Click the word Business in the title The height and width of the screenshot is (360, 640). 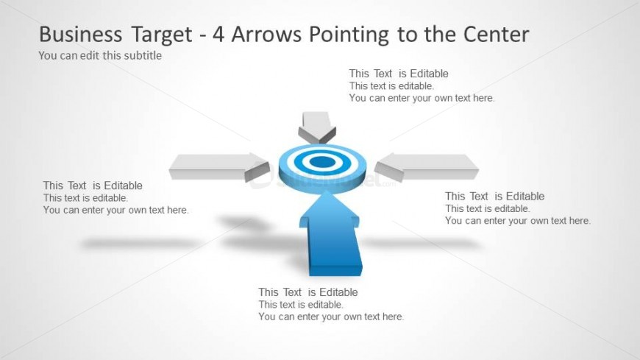coord(81,35)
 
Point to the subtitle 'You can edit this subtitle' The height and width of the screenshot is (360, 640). coord(100,55)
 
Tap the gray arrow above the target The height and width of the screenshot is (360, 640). coord(317,126)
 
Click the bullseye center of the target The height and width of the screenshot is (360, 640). coord(321,161)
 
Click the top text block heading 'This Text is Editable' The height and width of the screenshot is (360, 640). coord(398,74)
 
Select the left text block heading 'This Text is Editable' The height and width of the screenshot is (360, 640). coord(93,186)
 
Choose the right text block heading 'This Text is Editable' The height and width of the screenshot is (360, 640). coord(494,196)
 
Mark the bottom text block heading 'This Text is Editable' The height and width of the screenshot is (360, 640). coord(307,292)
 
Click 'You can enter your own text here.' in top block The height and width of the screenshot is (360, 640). coord(422,98)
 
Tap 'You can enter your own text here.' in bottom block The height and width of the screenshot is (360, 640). coord(331,317)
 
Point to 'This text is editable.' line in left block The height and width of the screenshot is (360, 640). coord(85,197)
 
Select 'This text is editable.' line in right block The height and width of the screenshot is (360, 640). coord(487,208)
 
